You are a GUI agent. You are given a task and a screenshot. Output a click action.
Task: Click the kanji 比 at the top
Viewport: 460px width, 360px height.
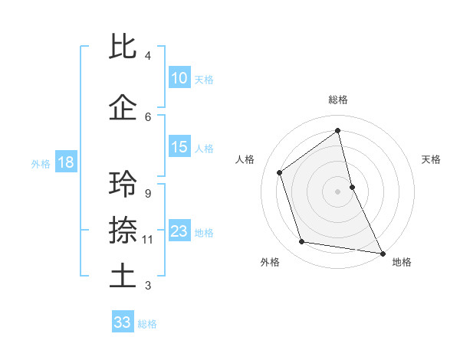click(123, 47)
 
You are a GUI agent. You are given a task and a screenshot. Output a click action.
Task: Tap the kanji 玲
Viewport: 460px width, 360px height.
click(123, 184)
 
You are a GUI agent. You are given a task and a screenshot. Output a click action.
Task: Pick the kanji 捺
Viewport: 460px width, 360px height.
click(123, 229)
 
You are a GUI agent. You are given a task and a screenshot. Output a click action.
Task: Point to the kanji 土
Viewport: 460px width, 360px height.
click(123, 275)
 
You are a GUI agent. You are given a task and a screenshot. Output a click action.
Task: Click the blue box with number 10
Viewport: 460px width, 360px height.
click(179, 78)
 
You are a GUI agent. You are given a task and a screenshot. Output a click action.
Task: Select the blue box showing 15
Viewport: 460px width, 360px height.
click(179, 147)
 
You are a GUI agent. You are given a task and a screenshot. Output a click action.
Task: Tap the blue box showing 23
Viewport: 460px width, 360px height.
click(179, 232)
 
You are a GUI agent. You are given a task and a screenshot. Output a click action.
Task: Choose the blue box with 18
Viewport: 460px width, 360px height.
click(65, 162)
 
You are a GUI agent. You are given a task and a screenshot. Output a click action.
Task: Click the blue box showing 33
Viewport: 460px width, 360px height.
click(122, 322)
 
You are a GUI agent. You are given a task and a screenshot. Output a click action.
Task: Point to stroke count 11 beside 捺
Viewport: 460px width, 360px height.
click(148, 240)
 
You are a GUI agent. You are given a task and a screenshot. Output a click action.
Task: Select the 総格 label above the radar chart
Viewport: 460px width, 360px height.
click(338, 100)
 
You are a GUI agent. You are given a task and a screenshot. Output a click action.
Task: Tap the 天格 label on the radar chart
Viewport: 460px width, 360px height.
click(432, 159)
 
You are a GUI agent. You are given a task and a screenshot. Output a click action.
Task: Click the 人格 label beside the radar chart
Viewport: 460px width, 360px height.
click(245, 159)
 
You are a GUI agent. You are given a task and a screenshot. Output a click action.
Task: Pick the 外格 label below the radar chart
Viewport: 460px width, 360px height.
click(270, 262)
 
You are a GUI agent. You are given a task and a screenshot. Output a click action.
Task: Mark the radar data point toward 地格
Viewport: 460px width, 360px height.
click(382, 252)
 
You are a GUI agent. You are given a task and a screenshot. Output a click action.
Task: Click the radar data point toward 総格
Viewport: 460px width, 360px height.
click(338, 131)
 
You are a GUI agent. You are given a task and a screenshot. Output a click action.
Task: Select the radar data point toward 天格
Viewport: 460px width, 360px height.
click(352, 186)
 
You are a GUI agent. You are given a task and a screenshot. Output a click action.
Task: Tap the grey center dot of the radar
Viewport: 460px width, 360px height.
click(338, 191)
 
